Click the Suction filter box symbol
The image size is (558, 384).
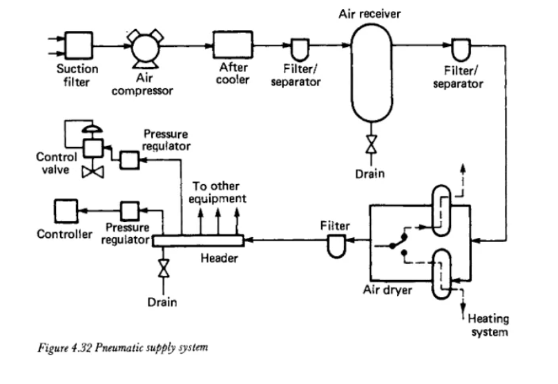pyautogui.click(x=79, y=46)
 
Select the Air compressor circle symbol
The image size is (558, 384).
pyautogui.click(x=145, y=48)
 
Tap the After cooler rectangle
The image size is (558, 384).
pyautogui.click(x=233, y=45)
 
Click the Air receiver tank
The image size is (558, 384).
pyautogui.click(x=372, y=73)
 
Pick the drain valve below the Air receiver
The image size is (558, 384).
pyautogui.click(x=371, y=144)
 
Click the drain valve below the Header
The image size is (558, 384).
pyautogui.click(x=164, y=268)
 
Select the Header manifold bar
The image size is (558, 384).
pyautogui.click(x=198, y=241)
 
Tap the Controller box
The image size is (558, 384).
pyautogui.click(x=66, y=212)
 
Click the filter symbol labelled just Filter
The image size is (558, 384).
pyautogui.click(x=336, y=246)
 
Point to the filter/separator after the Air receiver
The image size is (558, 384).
pyautogui.click(x=461, y=50)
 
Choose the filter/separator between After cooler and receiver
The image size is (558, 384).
pyautogui.click(x=300, y=50)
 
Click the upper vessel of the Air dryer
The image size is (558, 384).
pyautogui.click(x=441, y=210)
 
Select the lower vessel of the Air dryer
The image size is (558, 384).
pyautogui.click(x=441, y=274)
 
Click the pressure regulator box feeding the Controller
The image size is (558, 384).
pyautogui.click(x=130, y=211)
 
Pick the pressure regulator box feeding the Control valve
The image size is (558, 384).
pyautogui.click(x=129, y=160)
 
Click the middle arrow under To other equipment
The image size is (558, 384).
pyautogui.click(x=218, y=222)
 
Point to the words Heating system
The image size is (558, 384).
pyautogui.click(x=488, y=325)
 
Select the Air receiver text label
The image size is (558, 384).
pyautogui.click(x=369, y=14)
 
